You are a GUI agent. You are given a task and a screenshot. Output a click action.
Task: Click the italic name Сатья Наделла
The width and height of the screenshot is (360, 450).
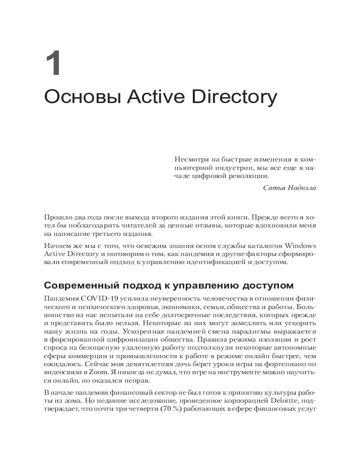pos(289,188)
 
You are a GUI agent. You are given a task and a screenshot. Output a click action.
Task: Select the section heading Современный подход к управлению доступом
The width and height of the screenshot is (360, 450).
pos(169,285)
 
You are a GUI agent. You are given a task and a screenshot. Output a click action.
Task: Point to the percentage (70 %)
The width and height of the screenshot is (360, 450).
pos(168,408)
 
